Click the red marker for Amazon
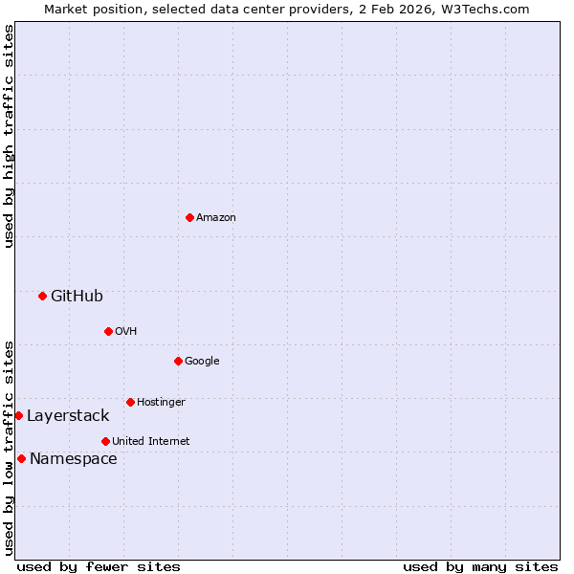tap(189, 217)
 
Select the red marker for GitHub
tap(42, 296)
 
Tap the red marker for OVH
tap(108, 331)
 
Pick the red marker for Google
tap(178, 361)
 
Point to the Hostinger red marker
tap(130, 402)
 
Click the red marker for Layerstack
tap(18, 415)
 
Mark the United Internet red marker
tap(105, 441)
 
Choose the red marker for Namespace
tap(21, 458)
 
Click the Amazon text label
tap(216, 218)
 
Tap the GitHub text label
tap(77, 297)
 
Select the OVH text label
tap(126, 332)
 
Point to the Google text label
tap(202, 362)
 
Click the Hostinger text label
tap(161, 403)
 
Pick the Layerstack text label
tap(68, 416)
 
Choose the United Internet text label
tap(151, 442)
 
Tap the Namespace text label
tap(74, 459)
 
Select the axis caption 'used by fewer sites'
tap(99, 566)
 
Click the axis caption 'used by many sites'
tap(480, 566)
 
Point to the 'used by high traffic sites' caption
tap(9, 136)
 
